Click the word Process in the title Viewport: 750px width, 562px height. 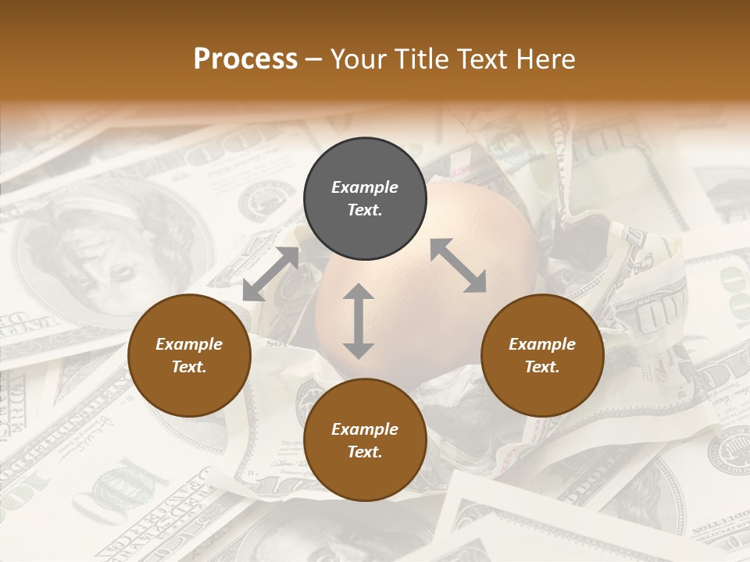pyautogui.click(x=245, y=59)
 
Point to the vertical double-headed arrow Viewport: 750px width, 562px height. pyautogui.click(x=359, y=321)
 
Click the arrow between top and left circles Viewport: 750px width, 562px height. pyautogui.click(x=270, y=273)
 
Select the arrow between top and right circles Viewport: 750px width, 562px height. pyautogui.click(x=458, y=265)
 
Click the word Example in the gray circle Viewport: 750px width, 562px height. pyautogui.click(x=365, y=187)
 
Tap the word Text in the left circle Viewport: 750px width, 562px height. pyautogui.click(x=189, y=367)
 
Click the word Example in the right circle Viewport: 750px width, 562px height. pyautogui.click(x=542, y=344)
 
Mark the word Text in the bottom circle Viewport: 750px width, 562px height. pyautogui.click(x=365, y=452)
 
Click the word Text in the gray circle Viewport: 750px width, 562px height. pyautogui.click(x=365, y=210)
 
